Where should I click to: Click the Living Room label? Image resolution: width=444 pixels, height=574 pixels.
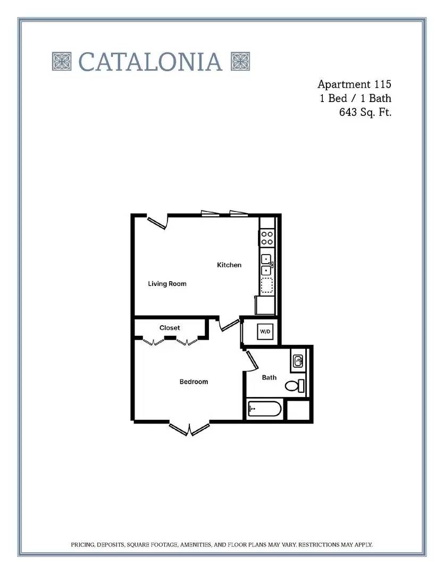click(167, 284)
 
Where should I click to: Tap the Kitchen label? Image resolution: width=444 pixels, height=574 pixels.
click(229, 265)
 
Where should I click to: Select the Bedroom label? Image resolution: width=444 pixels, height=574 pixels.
click(194, 382)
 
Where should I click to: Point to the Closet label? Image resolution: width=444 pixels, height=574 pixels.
click(170, 327)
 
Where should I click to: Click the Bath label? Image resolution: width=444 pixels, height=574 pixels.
click(269, 377)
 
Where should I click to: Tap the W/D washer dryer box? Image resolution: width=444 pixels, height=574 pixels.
click(265, 332)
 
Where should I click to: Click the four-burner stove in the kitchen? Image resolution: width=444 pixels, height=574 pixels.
click(267, 238)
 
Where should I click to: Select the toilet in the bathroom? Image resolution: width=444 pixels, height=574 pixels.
click(295, 386)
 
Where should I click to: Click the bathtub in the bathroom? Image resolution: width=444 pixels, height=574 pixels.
click(264, 409)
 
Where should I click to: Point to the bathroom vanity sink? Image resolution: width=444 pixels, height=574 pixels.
click(298, 361)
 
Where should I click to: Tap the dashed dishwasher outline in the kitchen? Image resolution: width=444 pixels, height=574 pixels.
click(267, 285)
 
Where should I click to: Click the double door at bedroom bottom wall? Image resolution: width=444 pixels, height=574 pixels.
click(189, 429)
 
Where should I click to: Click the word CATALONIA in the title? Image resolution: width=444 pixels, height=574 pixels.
click(150, 62)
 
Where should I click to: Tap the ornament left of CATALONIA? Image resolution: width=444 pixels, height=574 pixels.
click(62, 61)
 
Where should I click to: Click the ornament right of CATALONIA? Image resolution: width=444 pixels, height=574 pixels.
click(240, 61)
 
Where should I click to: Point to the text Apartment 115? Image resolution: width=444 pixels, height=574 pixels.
click(354, 84)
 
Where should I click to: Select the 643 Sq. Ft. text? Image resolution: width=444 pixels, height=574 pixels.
click(365, 112)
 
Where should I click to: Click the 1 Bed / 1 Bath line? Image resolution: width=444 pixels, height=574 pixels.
click(355, 98)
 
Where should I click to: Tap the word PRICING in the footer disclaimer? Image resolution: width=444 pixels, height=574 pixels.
click(83, 545)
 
